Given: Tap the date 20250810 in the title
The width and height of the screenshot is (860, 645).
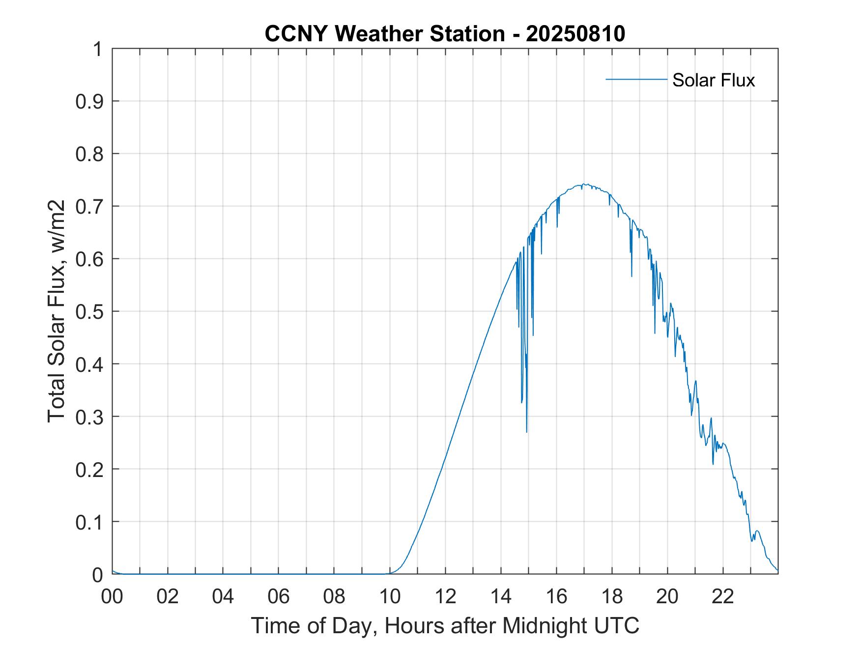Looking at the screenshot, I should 575,33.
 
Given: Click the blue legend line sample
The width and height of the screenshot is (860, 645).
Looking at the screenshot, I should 636,79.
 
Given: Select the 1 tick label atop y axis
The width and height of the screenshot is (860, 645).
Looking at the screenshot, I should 97,49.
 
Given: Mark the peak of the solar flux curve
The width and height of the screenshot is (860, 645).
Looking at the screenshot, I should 584,185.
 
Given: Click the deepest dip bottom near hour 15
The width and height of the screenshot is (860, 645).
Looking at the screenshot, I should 526,431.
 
